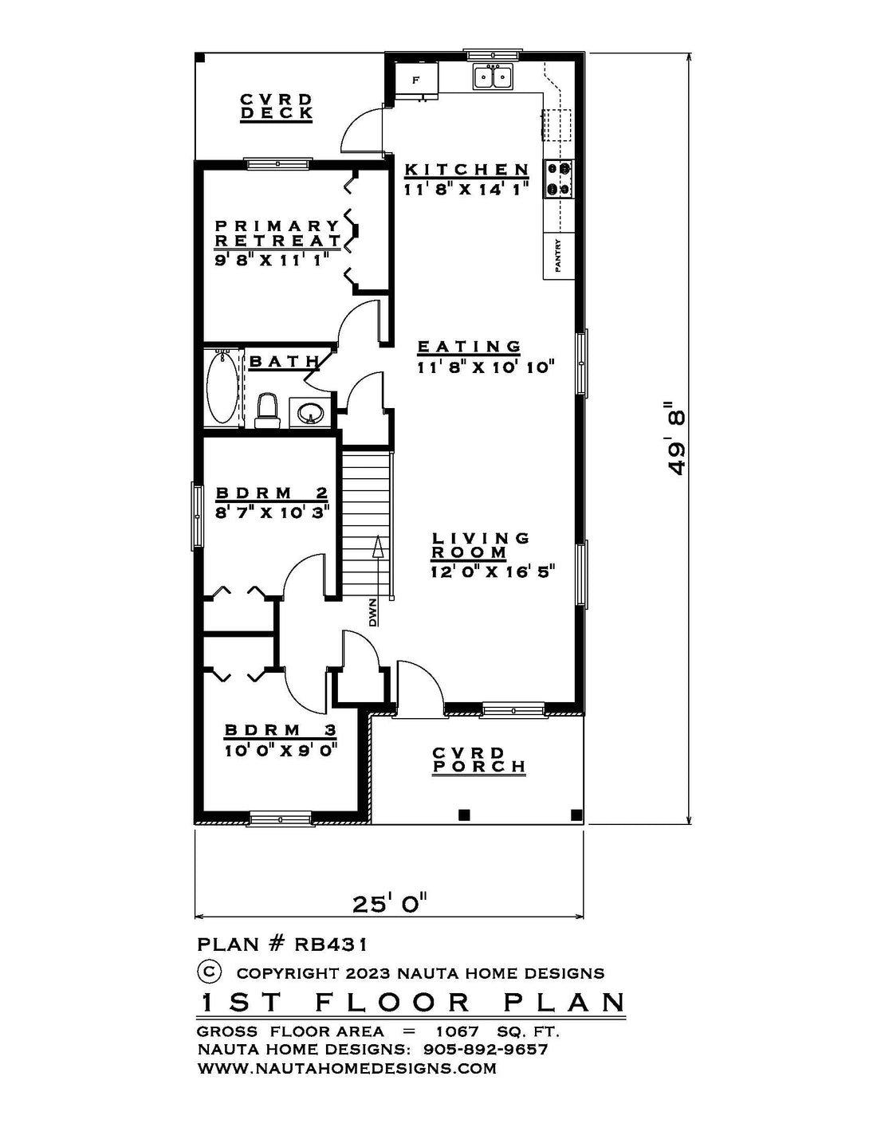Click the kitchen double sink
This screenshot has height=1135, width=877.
493,77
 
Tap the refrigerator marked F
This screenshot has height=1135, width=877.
416,80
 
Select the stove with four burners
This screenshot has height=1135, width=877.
558,179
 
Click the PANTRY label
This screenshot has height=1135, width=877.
558,257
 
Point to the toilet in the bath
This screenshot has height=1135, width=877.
266,410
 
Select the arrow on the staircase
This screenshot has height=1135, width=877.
376,550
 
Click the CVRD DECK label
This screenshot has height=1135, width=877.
277,107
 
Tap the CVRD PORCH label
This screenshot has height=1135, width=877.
478,760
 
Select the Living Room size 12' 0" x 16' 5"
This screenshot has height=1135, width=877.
492,571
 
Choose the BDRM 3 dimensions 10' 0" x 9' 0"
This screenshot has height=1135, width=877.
280,748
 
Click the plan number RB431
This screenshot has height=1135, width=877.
331,945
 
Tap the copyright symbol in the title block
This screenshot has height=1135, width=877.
209,972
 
